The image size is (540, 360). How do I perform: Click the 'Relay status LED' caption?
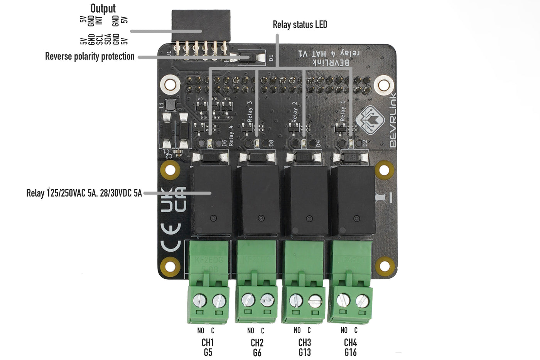point(300,25)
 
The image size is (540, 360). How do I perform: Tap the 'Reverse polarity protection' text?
point(89,56)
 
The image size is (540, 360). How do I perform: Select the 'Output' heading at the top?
point(103,8)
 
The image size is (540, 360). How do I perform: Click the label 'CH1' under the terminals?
point(208,342)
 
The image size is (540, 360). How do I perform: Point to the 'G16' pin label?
point(350,352)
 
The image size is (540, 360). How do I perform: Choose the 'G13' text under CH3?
point(304,352)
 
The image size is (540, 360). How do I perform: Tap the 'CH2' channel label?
point(257,343)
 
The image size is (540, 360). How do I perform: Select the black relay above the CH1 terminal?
point(211,200)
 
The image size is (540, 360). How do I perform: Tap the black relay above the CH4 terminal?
point(353,200)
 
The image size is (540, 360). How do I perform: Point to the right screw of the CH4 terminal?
point(362,300)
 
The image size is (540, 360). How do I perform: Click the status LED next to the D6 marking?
point(210,144)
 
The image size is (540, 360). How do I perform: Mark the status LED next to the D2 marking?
point(351,144)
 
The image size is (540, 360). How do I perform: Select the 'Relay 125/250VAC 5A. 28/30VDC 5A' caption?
point(84,193)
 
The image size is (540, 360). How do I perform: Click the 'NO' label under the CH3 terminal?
point(297,330)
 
